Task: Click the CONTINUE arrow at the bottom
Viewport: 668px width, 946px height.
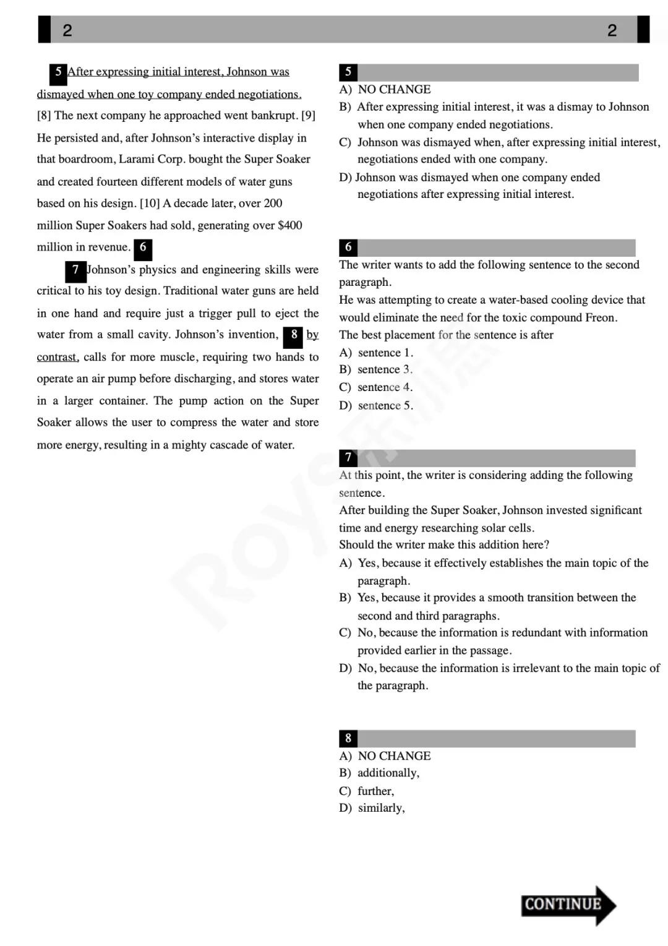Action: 568,905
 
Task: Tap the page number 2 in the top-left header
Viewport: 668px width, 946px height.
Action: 67,30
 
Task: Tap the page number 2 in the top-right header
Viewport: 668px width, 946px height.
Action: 612,30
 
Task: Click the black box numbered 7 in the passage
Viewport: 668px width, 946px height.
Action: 75,271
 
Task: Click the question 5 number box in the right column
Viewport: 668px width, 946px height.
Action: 348,72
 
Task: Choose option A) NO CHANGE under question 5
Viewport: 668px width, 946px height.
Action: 385,90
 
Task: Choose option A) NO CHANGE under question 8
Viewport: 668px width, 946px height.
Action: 385,756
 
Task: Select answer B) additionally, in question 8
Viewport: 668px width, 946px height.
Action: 379,773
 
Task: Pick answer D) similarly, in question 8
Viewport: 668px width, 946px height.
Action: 372,808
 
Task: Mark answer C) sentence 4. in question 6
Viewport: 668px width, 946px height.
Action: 376,388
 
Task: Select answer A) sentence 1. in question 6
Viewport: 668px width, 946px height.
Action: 377,353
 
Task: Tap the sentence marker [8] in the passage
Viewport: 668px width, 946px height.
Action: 44,116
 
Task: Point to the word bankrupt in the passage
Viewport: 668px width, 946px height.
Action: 275,116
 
